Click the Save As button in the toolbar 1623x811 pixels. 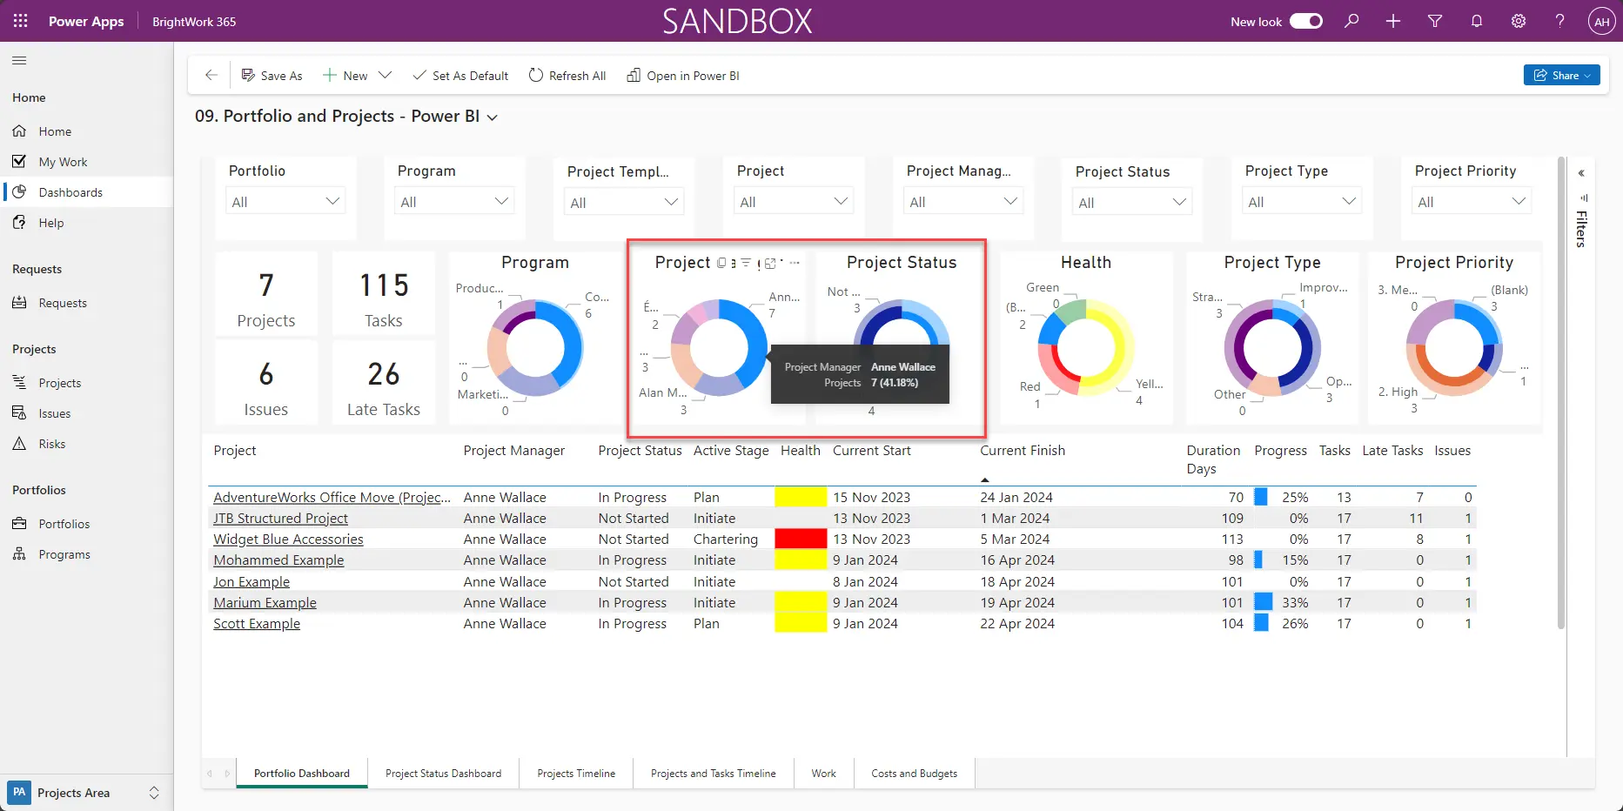[x=272, y=76]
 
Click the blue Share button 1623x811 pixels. [x=1560, y=76]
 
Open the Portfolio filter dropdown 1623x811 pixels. [x=285, y=202]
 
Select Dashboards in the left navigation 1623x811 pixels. [x=70, y=192]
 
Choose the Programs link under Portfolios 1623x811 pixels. [x=64, y=554]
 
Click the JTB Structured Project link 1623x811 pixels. [x=280, y=519]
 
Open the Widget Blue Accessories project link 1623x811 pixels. [x=288, y=540]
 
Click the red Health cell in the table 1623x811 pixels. [x=800, y=540]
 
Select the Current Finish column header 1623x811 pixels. [x=1022, y=451]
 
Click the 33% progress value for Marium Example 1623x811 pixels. [x=1294, y=603]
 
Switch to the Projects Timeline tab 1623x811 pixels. [x=575, y=774]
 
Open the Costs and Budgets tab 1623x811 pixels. [x=914, y=774]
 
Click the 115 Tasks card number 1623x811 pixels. [x=384, y=285]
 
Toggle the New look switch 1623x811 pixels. [x=1305, y=21]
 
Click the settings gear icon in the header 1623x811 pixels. [x=1518, y=21]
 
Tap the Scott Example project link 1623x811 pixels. [x=257, y=624]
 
